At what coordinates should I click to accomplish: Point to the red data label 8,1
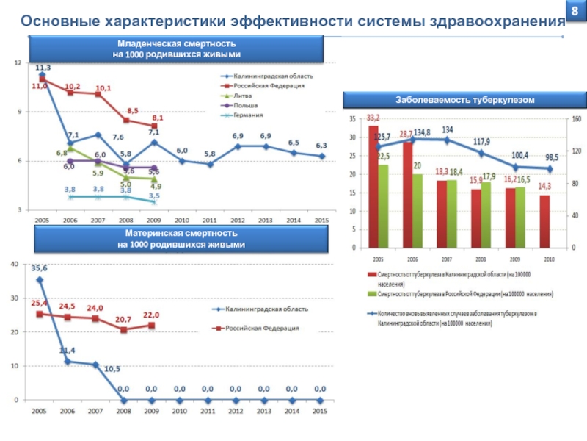[158, 118]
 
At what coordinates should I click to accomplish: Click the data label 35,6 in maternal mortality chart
[39, 268]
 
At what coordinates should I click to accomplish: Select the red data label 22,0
[151, 315]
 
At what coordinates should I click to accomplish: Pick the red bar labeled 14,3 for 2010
[544, 221]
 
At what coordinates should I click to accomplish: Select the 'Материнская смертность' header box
[181, 239]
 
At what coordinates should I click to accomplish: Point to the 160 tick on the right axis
[576, 118]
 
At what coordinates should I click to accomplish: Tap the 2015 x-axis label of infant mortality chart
[321, 220]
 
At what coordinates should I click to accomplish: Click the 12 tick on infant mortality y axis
[18, 63]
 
